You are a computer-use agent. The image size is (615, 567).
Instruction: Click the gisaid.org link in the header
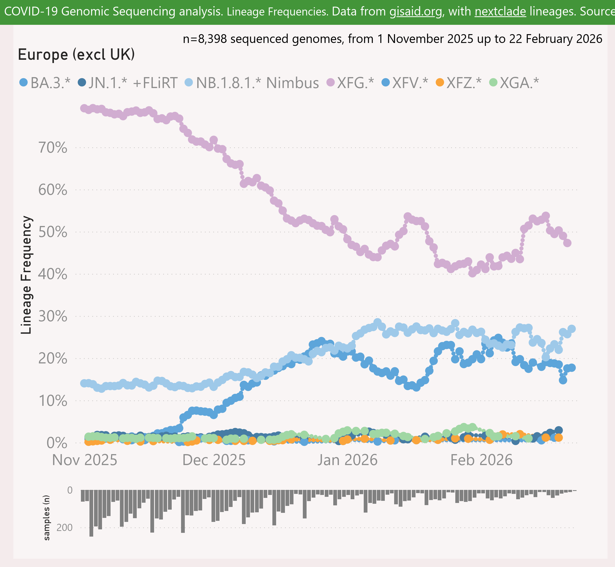(x=416, y=12)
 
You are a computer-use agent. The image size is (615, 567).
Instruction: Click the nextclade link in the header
(x=500, y=12)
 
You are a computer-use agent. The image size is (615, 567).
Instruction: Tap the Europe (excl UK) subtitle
(x=76, y=55)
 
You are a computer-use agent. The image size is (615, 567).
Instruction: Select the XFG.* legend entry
(x=355, y=83)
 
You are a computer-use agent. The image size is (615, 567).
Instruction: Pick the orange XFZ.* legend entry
(x=464, y=83)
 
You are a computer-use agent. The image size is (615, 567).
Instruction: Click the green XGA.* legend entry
(x=519, y=83)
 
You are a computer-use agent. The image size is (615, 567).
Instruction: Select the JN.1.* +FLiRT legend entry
(x=133, y=83)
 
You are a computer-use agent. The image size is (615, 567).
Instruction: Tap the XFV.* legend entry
(x=410, y=83)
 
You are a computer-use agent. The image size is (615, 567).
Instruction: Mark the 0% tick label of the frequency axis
(x=57, y=443)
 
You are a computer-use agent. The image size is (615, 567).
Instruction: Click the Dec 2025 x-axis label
(x=214, y=460)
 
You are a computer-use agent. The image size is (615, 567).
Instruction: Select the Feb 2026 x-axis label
(x=481, y=460)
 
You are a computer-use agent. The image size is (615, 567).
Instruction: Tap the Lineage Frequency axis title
(x=26, y=275)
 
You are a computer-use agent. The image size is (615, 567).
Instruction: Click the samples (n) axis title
(x=46, y=518)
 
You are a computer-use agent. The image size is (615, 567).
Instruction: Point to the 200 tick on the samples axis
(x=64, y=528)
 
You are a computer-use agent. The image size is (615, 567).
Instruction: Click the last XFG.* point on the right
(x=567, y=243)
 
